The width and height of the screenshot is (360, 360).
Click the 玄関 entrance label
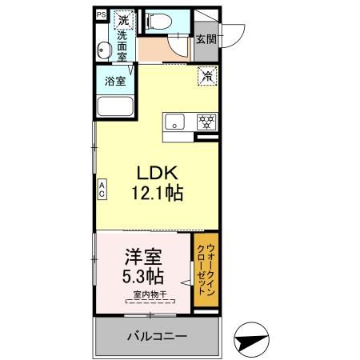click(204, 39)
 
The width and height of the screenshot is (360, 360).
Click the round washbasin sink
click(102, 51)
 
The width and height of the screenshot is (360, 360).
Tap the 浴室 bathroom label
click(114, 81)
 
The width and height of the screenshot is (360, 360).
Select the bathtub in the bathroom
click(114, 107)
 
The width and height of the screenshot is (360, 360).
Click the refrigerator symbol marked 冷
click(206, 77)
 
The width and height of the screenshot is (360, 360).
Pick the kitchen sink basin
click(176, 122)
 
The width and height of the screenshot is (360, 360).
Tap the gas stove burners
click(206, 122)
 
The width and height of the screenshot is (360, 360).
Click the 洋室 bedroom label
click(144, 258)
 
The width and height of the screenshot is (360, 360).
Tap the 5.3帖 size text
click(144, 278)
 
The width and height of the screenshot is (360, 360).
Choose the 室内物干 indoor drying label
click(150, 295)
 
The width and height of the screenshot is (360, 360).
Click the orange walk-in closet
click(206, 272)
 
